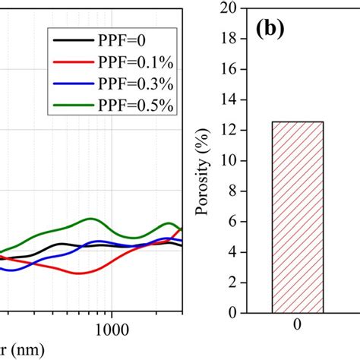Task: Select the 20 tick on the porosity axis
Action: point(229,8)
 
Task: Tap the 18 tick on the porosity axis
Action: point(229,39)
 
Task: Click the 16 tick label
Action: point(229,69)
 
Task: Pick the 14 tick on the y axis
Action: point(229,99)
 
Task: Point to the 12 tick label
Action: point(229,131)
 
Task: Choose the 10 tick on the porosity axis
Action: point(229,161)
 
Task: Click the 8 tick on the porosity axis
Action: point(232,191)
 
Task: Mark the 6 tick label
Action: point(232,222)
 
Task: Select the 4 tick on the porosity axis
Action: point(232,252)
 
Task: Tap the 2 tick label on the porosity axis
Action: point(232,283)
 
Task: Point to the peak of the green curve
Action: point(92,219)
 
